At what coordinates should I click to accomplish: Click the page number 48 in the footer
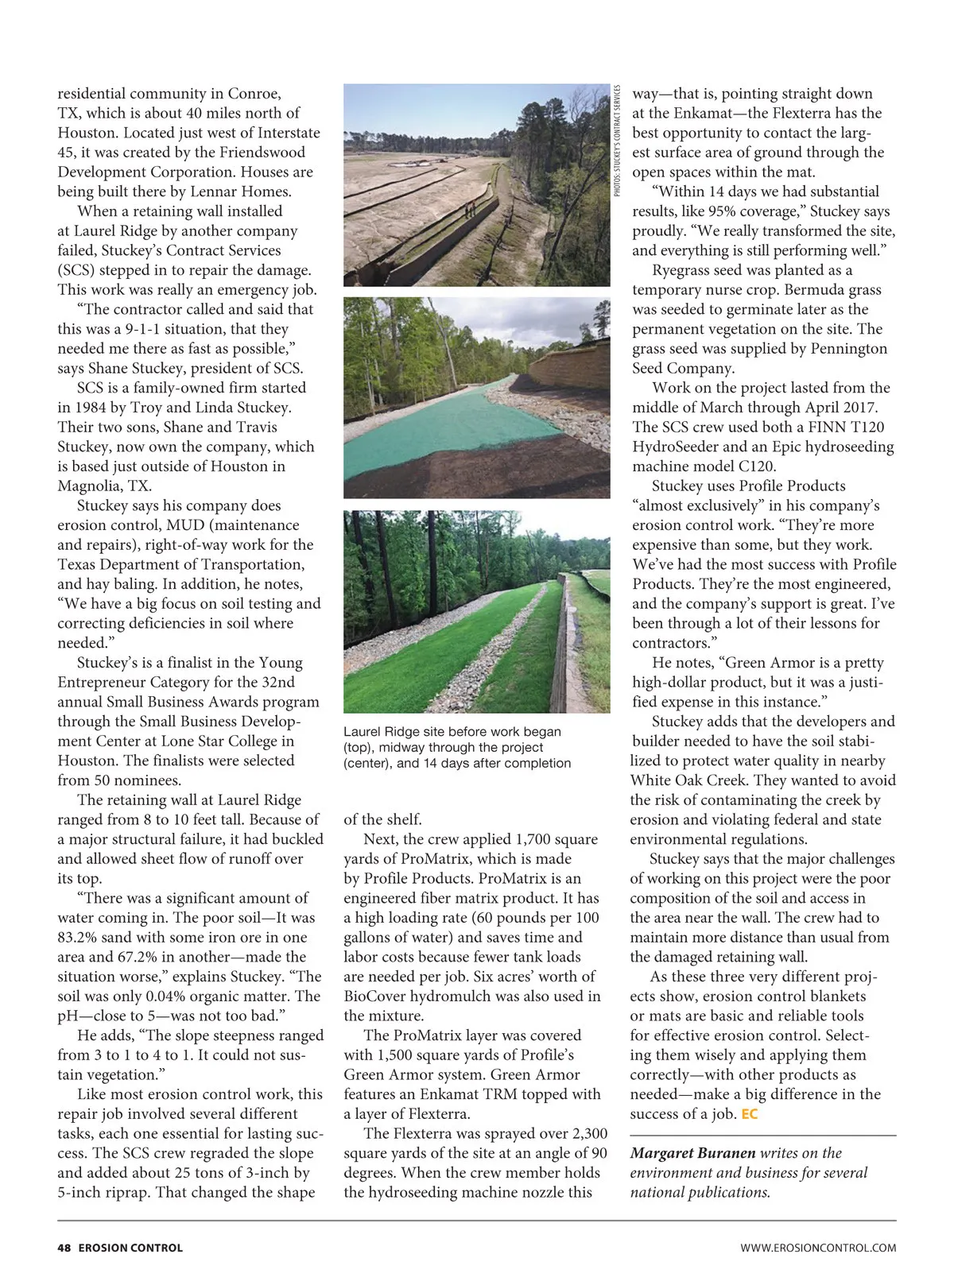coord(64,1248)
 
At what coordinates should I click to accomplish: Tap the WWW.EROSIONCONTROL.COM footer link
coord(818,1248)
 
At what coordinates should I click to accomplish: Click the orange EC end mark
coord(749,1114)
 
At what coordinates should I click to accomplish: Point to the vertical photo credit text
coord(617,140)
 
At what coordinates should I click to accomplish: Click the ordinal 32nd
coord(277,682)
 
